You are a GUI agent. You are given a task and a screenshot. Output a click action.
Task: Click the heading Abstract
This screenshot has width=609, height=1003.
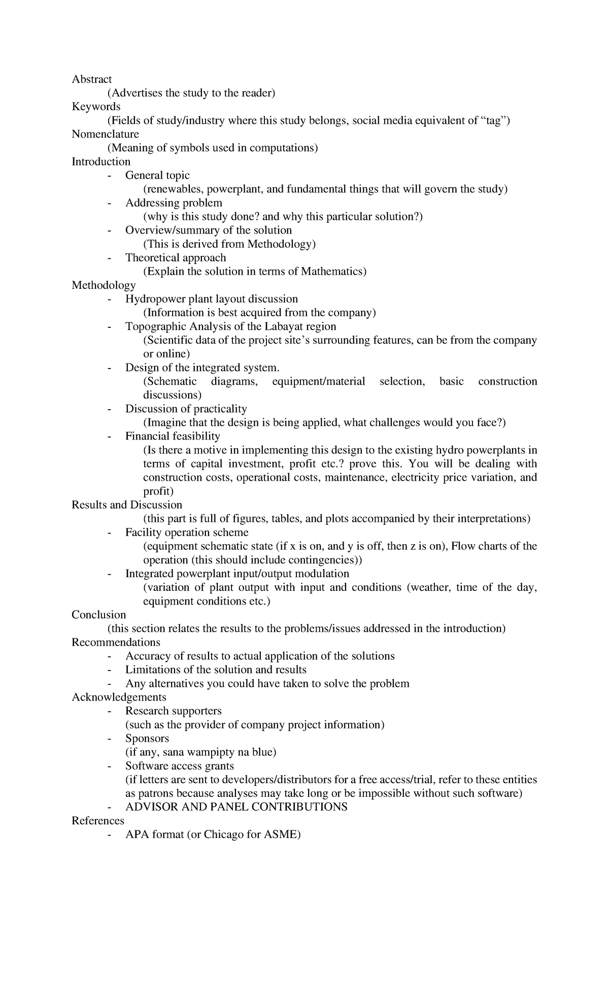91,79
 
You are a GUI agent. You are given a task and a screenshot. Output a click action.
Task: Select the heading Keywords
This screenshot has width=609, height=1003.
96,107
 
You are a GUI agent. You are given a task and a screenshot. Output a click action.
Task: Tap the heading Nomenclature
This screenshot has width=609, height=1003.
105,134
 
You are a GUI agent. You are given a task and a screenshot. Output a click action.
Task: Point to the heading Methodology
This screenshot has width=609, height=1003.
104,285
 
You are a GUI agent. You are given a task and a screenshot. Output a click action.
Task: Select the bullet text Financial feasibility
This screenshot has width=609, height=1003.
173,436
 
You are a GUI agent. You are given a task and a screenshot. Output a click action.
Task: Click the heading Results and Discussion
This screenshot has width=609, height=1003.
127,505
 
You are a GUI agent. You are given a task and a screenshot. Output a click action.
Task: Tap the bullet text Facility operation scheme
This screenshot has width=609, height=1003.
187,532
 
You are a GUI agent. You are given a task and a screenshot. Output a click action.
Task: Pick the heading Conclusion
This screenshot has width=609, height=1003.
98,615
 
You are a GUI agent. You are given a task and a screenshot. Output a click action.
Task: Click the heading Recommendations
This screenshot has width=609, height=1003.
116,642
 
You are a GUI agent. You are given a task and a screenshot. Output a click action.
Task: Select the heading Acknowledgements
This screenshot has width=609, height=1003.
119,697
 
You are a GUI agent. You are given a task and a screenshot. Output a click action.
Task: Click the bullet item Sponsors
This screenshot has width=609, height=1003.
147,738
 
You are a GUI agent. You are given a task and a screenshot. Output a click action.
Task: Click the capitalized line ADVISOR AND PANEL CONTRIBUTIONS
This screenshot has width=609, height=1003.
236,807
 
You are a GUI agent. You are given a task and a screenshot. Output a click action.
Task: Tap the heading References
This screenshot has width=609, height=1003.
98,820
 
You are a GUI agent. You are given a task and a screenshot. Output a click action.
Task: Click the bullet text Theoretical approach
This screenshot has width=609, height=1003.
176,257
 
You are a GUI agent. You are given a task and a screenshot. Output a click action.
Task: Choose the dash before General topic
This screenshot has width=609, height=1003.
110,176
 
